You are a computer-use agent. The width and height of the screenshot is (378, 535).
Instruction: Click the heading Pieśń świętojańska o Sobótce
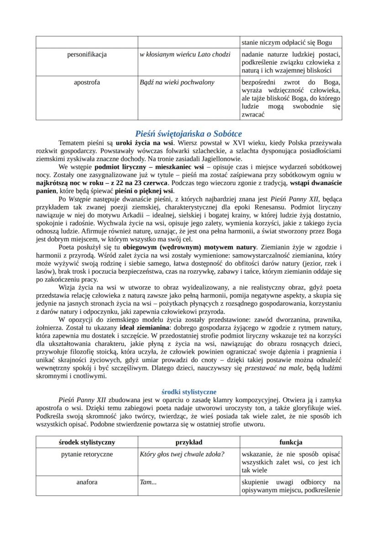coord(189,133)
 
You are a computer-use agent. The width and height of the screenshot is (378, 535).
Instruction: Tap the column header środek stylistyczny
coord(87,442)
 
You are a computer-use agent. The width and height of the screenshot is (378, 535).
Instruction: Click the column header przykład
coord(189,442)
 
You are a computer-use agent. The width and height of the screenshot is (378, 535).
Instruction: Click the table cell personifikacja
coord(87,54)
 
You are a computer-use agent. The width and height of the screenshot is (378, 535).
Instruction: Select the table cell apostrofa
coord(87,83)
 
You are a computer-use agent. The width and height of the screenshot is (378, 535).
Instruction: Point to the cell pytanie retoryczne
coord(87,454)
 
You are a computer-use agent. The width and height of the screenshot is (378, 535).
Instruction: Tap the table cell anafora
coord(87,482)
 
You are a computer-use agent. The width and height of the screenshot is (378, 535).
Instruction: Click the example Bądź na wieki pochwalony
coord(176,83)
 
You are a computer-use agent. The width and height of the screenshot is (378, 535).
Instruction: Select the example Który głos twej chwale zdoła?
coord(182,454)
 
